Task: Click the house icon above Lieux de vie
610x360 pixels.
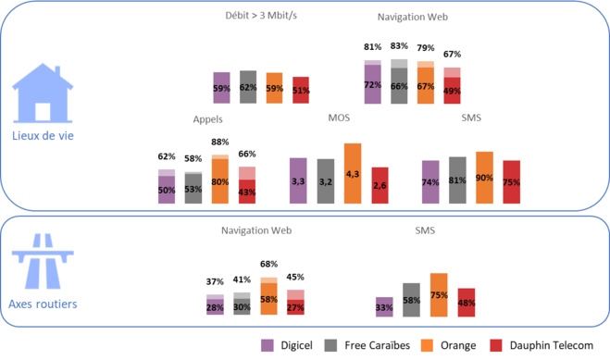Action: [42, 93]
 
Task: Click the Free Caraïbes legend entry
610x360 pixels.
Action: [375, 345]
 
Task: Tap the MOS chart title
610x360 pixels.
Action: [339, 118]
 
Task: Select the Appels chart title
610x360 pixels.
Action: [208, 119]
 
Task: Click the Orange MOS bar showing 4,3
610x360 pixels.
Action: [352, 173]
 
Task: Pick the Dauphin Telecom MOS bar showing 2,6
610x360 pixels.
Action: [380, 185]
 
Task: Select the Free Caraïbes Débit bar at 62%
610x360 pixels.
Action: [248, 87]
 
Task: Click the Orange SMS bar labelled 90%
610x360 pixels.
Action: [484, 178]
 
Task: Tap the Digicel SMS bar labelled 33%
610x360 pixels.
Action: [384, 306]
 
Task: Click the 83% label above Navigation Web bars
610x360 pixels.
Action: [399, 45]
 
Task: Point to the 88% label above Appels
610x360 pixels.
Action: [219, 142]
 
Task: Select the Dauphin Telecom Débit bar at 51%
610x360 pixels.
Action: [301, 90]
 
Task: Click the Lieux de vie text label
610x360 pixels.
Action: [43, 135]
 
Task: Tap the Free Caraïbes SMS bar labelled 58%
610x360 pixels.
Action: [411, 300]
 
